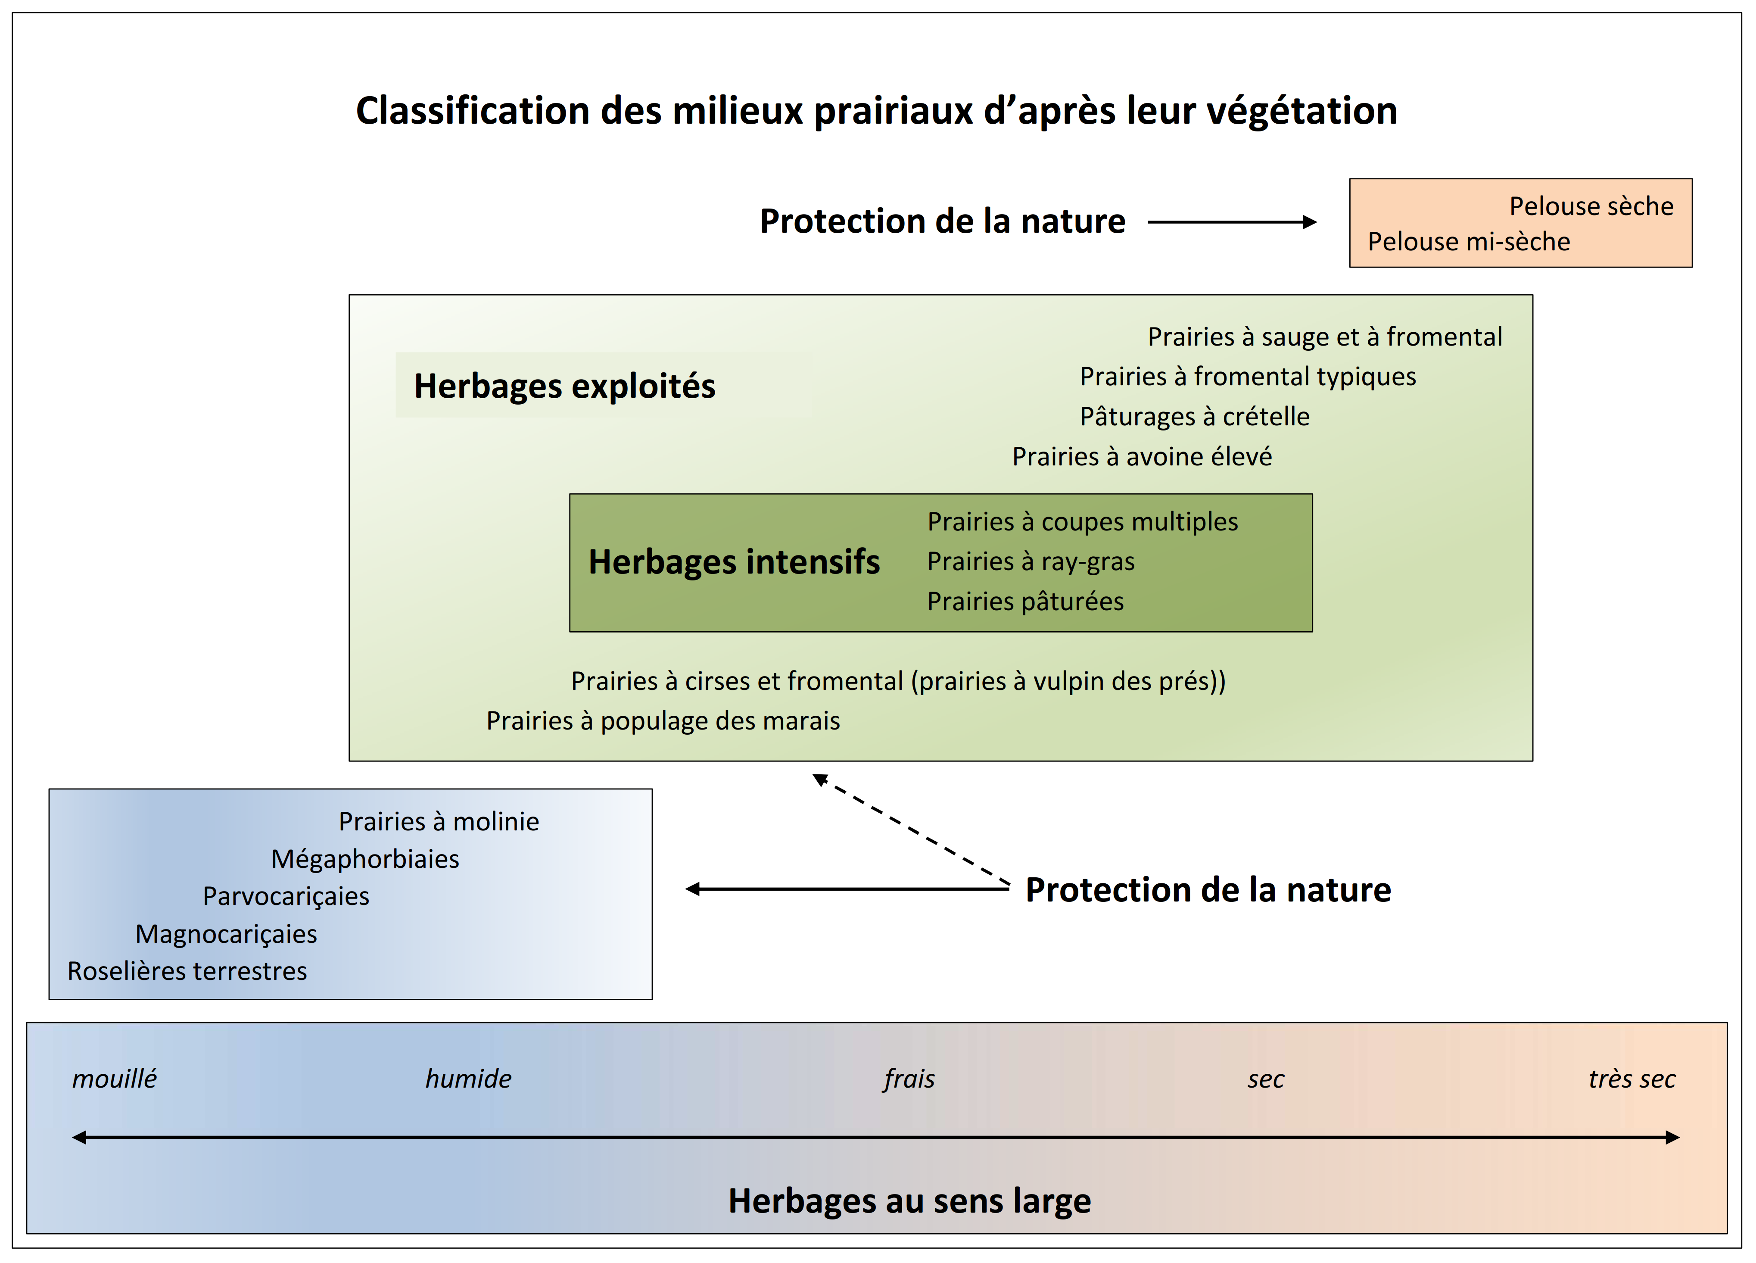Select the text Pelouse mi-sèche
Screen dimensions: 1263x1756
click(1469, 242)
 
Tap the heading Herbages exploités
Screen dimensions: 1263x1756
click(564, 386)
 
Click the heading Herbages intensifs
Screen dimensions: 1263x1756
click(734, 561)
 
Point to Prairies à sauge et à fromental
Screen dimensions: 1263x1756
click(1325, 337)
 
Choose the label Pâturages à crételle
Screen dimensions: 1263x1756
click(1195, 417)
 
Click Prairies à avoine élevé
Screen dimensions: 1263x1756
click(1142, 457)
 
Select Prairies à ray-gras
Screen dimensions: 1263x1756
click(1031, 561)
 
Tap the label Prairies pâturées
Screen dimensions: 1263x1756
click(1025, 602)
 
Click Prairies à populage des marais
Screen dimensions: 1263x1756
click(663, 721)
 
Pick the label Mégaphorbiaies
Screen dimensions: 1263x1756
click(364, 859)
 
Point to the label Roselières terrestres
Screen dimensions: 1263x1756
click(187, 971)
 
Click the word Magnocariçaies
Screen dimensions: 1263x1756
click(226, 934)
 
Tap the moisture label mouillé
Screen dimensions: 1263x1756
click(115, 1079)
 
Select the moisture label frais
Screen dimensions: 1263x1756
click(909, 1079)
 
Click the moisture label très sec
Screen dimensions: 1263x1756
click(1632, 1079)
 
